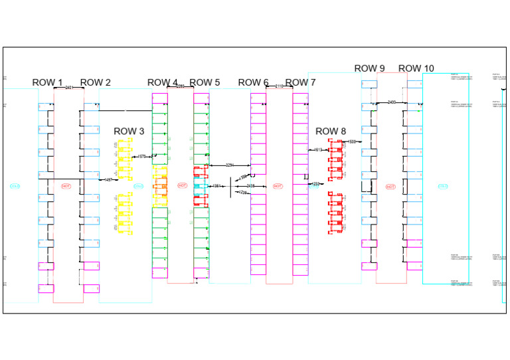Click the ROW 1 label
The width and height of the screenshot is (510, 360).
pyautogui.click(x=48, y=82)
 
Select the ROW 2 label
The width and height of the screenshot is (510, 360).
pyautogui.click(x=96, y=82)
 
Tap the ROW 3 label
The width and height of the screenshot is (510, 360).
pyautogui.click(x=129, y=132)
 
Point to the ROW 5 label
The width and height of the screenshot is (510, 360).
pyautogui.click(x=205, y=82)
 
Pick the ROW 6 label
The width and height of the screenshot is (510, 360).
pyautogui.click(x=253, y=82)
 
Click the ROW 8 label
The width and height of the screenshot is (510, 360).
pyautogui.click(x=331, y=132)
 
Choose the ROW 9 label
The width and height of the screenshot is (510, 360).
pyautogui.click(x=369, y=68)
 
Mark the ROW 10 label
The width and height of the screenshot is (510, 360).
pyautogui.click(x=416, y=68)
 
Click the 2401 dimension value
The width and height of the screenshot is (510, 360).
pyautogui.click(x=69, y=87)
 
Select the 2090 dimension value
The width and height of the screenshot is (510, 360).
pyautogui.click(x=180, y=86)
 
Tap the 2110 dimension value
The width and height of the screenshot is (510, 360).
pyautogui.click(x=279, y=86)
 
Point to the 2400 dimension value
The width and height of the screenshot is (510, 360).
pyautogui.click(x=392, y=102)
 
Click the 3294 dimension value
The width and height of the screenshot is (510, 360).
pyautogui.click(x=230, y=165)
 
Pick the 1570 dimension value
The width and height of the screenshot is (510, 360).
pyautogui.click(x=141, y=157)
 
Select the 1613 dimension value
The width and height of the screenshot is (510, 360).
pyautogui.click(x=318, y=150)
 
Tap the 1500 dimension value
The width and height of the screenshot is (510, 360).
pyautogui.click(x=351, y=141)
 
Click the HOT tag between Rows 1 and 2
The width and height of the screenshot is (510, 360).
pyautogui.click(x=66, y=186)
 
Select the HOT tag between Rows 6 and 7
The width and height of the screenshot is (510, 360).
pyautogui.click(x=278, y=186)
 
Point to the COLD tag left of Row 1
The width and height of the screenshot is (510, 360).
pyautogui.click(x=15, y=186)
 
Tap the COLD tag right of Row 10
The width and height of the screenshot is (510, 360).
pyautogui.click(x=443, y=187)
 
